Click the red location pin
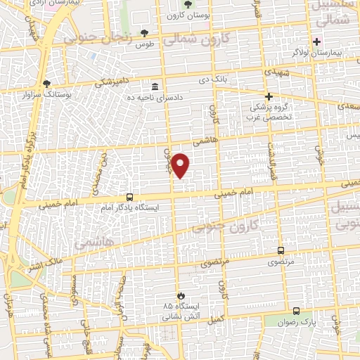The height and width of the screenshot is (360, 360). coord(181,165)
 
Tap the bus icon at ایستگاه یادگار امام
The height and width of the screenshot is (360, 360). coord(129,197)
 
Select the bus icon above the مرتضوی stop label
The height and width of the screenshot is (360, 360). coord(281,250)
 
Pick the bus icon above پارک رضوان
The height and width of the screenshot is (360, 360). coord(296,311)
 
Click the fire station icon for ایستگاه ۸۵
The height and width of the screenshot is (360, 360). coord(182,295)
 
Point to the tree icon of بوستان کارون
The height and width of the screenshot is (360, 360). coord(187,6)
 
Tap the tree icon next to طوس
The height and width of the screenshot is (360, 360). coord(145,32)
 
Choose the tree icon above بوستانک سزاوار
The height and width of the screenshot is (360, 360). coord(46,82)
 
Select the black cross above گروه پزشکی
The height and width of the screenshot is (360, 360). coord(268,96)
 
